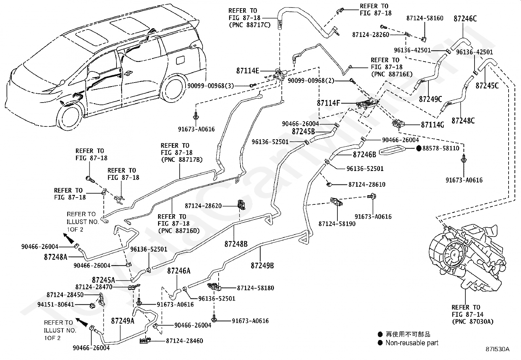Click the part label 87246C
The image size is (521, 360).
coord(465,19)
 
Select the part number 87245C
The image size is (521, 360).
coord(487,86)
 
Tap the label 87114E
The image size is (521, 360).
coord(248,70)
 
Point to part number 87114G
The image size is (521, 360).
coord(432,125)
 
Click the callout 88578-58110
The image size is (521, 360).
coord(441,148)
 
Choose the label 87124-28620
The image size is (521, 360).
coord(203,206)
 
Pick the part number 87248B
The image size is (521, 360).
coord(236,244)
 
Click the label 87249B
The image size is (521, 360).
coord(262,265)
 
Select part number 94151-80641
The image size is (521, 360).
coord(56,304)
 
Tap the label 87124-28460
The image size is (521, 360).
coord(185,341)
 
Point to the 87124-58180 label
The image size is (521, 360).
coord(256,288)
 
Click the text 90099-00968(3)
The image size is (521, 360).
coord(211,86)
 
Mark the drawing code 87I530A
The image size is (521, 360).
coord(497,349)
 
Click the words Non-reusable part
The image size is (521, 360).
coord(412,343)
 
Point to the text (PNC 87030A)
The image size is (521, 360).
coord(473,322)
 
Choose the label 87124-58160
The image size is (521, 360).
coord(425,18)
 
